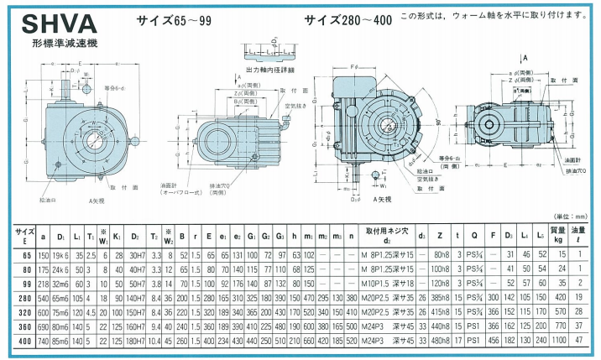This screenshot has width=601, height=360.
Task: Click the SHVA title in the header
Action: click(x=50, y=20)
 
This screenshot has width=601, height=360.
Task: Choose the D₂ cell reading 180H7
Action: click(x=136, y=342)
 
